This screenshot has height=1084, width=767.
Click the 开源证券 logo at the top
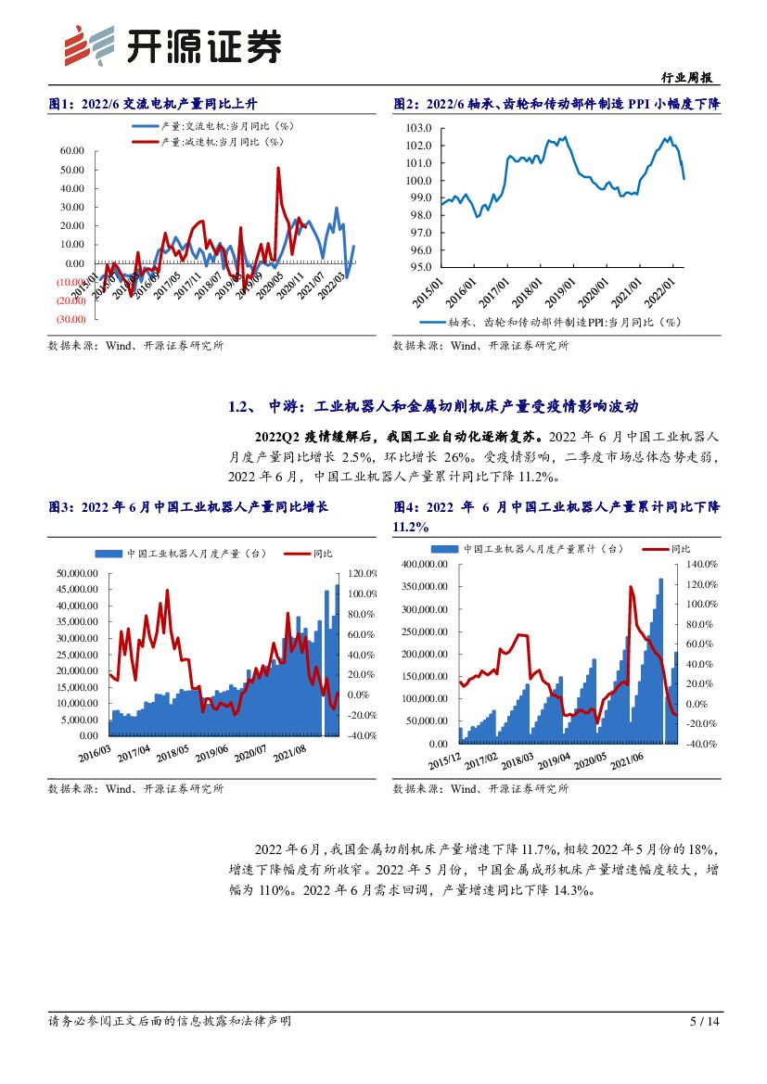pyautogui.click(x=172, y=44)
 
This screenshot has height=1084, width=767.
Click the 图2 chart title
pyautogui.click(x=556, y=104)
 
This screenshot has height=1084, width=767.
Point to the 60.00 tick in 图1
pyautogui.click(x=71, y=150)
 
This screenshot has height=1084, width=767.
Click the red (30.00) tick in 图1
pyautogui.click(x=70, y=319)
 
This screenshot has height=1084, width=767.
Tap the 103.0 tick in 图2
pyautogui.click(x=420, y=128)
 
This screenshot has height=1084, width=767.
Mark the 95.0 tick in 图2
pyautogui.click(x=422, y=268)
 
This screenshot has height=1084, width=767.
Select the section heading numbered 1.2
pyautogui.click(x=434, y=406)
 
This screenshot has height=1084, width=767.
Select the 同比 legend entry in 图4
pyautogui.click(x=679, y=549)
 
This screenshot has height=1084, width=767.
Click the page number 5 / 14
pyautogui.click(x=705, y=1021)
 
